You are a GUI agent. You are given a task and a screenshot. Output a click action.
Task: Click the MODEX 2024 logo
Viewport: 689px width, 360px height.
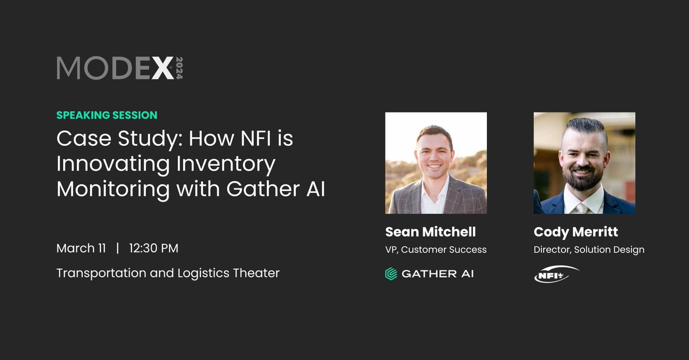pos(119,68)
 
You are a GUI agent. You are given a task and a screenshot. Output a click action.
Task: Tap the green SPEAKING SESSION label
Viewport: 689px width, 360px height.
pos(107,115)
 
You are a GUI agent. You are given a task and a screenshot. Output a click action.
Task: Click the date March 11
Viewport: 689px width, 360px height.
pos(81,248)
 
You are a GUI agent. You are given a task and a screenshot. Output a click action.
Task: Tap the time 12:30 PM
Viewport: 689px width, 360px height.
pos(153,248)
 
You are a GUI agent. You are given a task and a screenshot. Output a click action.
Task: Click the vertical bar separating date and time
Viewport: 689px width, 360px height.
pos(118,248)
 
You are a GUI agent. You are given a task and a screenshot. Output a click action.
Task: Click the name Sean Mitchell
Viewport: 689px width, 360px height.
pos(431,231)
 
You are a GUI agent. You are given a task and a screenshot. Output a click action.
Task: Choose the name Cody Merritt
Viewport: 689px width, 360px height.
pos(576,231)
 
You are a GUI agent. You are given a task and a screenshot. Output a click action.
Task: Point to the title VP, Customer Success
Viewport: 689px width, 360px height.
pos(436,249)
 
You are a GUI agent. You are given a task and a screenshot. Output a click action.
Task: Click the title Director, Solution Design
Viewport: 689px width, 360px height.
pos(589,249)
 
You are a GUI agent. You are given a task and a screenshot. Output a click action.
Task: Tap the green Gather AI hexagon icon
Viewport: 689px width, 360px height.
pos(391,273)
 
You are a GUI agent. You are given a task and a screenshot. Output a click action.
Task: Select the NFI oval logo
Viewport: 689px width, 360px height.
pos(556,274)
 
